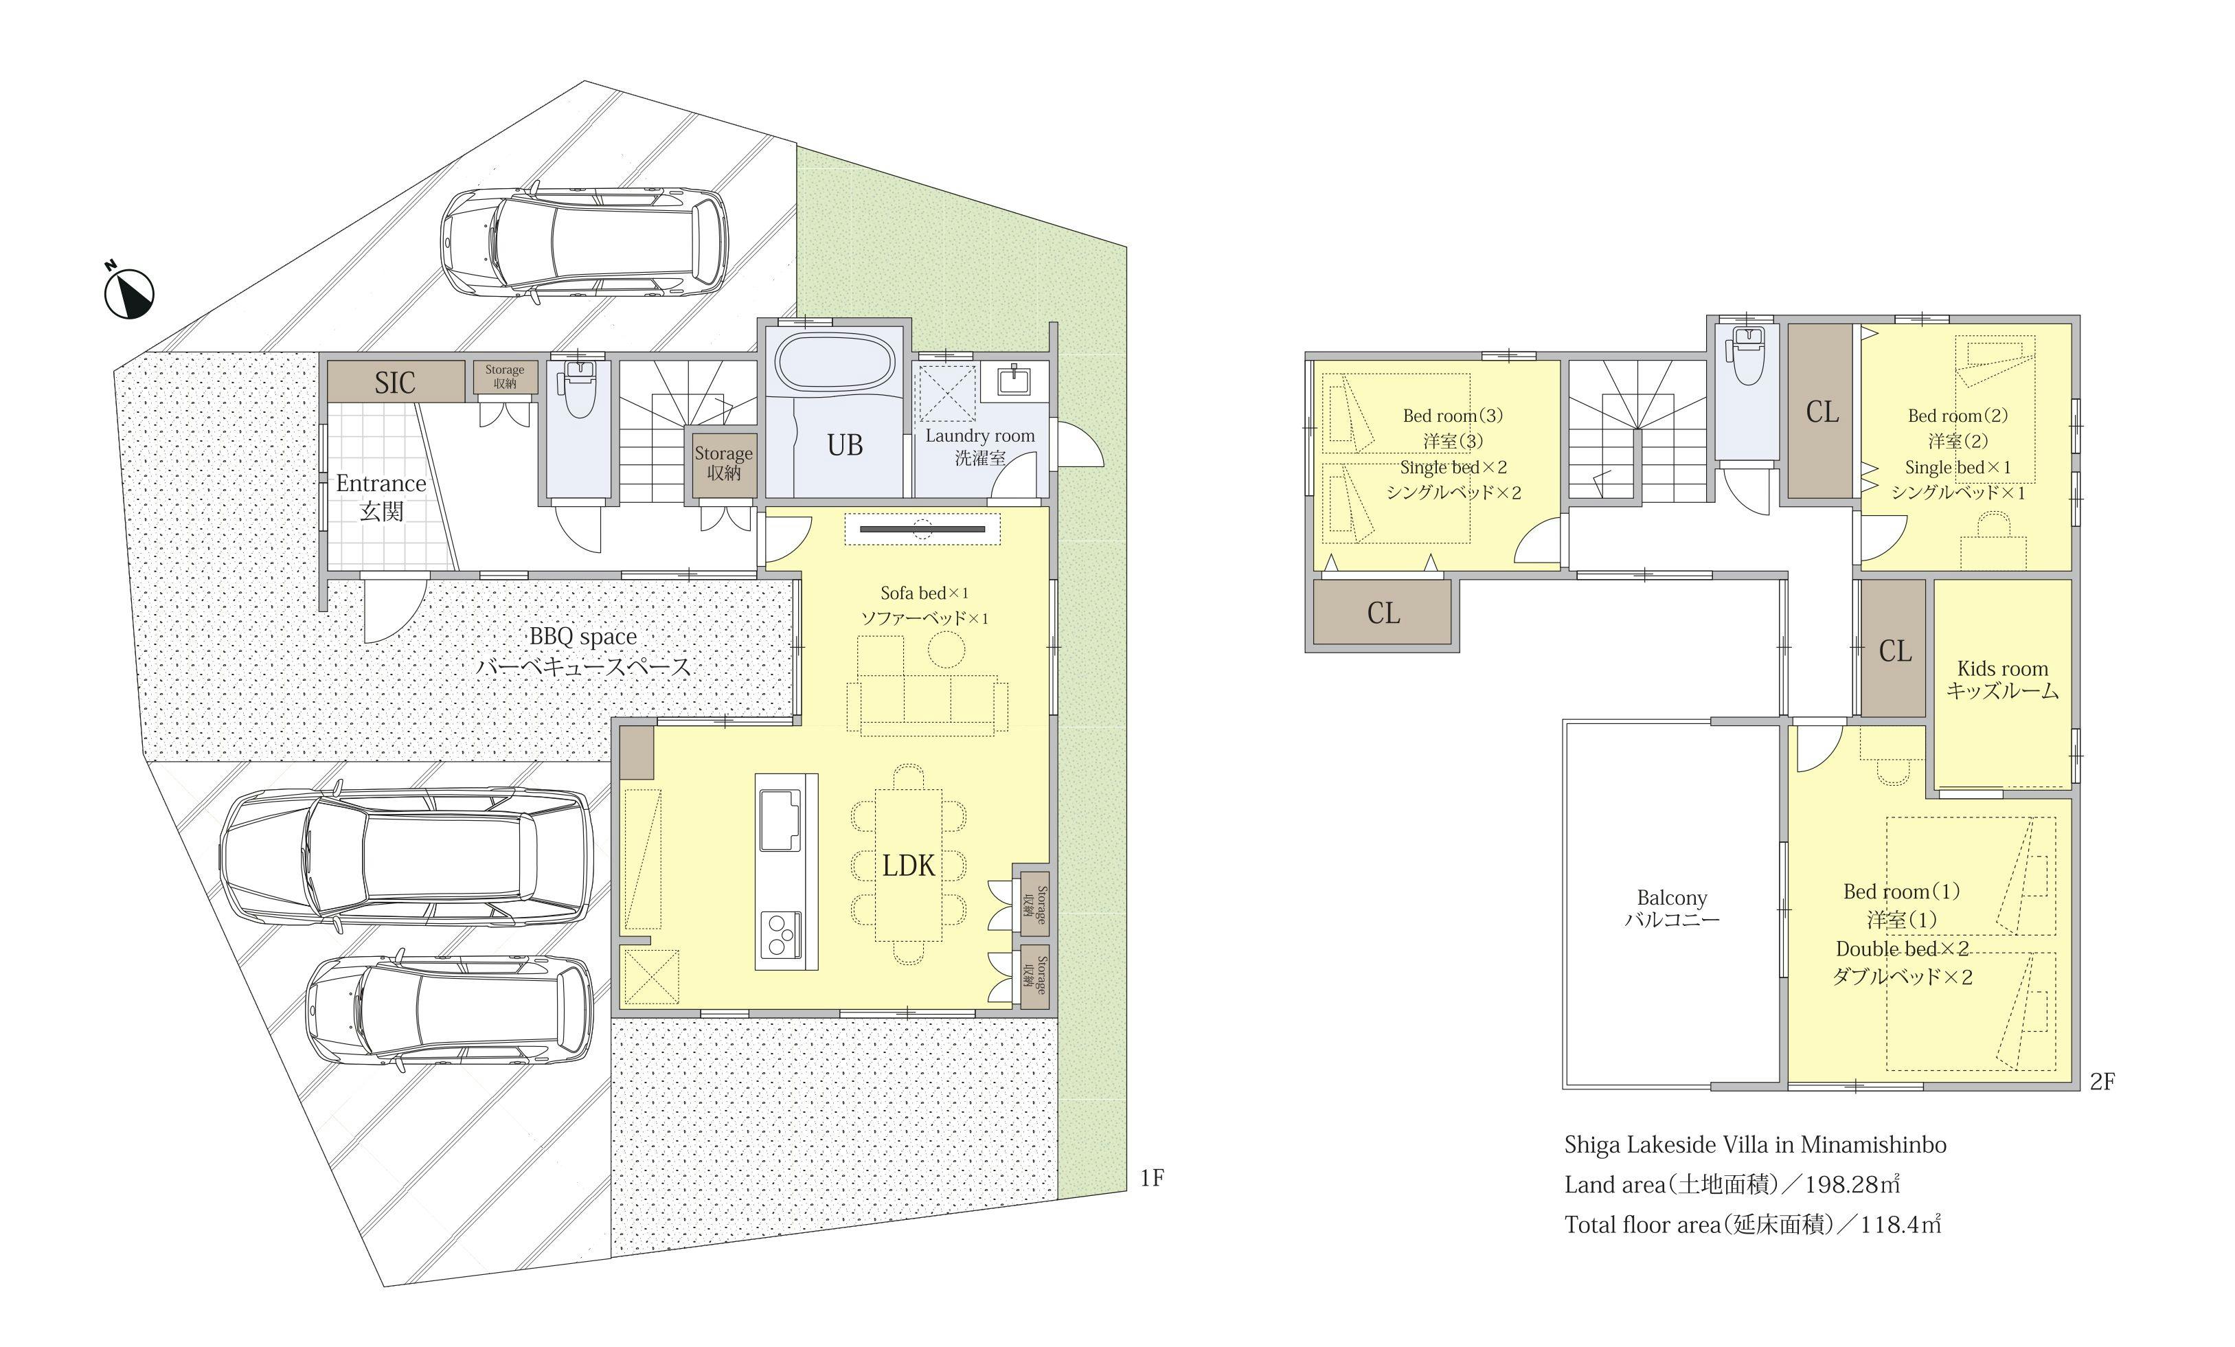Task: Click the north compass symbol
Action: click(x=129, y=292)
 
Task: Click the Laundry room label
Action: click(x=979, y=435)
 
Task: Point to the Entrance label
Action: click(x=381, y=484)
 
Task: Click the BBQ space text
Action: click(x=582, y=637)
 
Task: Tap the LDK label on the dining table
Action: click(x=908, y=865)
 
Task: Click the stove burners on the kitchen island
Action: click(x=779, y=934)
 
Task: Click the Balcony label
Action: click(x=1672, y=898)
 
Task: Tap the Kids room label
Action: click(x=2002, y=668)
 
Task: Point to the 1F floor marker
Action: click(x=1151, y=1178)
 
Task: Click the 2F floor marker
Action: click(x=2102, y=1081)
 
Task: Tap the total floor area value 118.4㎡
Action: click(x=1901, y=1225)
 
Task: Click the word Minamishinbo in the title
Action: click(x=1873, y=1145)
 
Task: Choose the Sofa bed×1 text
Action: click(x=924, y=593)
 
